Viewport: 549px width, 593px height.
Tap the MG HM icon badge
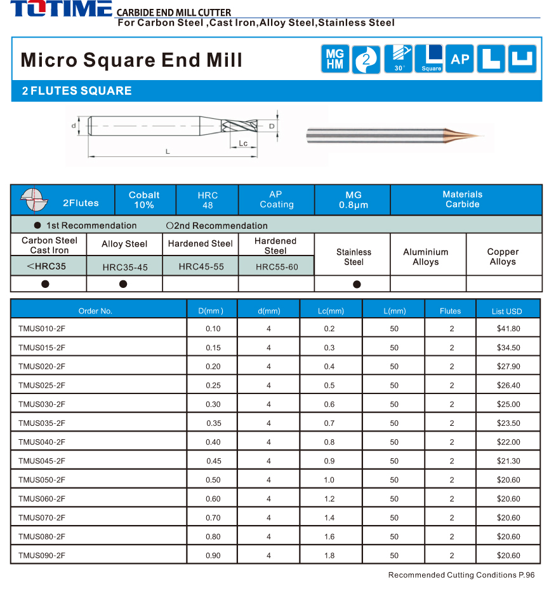(x=334, y=60)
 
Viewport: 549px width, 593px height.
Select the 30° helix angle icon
(x=399, y=59)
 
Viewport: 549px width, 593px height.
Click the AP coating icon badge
(x=460, y=59)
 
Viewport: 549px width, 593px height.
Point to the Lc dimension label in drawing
(x=244, y=143)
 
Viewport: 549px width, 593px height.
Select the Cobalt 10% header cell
(x=144, y=200)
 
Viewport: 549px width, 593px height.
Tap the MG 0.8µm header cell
(x=353, y=200)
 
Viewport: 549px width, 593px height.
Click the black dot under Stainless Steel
(x=357, y=284)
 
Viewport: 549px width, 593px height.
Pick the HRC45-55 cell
(x=201, y=266)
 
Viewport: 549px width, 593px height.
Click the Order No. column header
(x=95, y=311)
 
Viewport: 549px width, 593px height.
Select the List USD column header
(x=506, y=311)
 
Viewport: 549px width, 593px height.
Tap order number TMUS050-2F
(x=42, y=480)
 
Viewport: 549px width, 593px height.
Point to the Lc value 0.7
(x=329, y=423)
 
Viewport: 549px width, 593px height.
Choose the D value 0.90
(x=213, y=556)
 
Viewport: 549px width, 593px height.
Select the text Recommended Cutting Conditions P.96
(x=461, y=575)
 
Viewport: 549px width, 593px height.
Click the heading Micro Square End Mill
(x=132, y=60)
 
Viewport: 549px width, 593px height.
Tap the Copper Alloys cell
(x=503, y=257)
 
